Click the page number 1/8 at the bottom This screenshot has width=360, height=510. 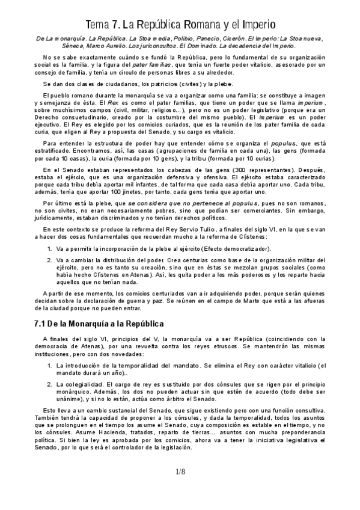(x=180, y=473)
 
